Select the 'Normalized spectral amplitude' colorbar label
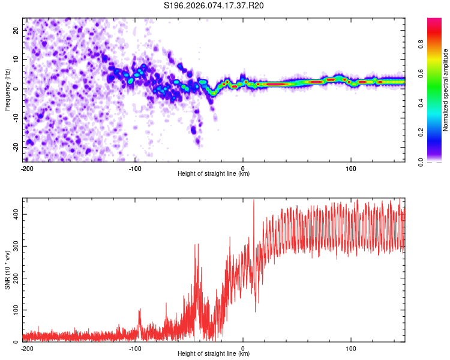[x=445, y=90]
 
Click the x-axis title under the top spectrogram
[x=213, y=173]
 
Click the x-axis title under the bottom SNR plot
[x=213, y=353]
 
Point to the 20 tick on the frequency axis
[x=16, y=29]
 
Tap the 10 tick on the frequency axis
[x=16, y=59]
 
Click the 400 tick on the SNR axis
[x=13, y=214]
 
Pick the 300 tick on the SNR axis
[x=13, y=246]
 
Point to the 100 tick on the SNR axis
[x=13, y=310]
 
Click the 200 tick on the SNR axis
[x=13, y=278]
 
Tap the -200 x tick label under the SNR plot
[x=26, y=347]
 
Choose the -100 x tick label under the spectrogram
[x=134, y=167]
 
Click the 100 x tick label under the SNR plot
[x=350, y=347]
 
